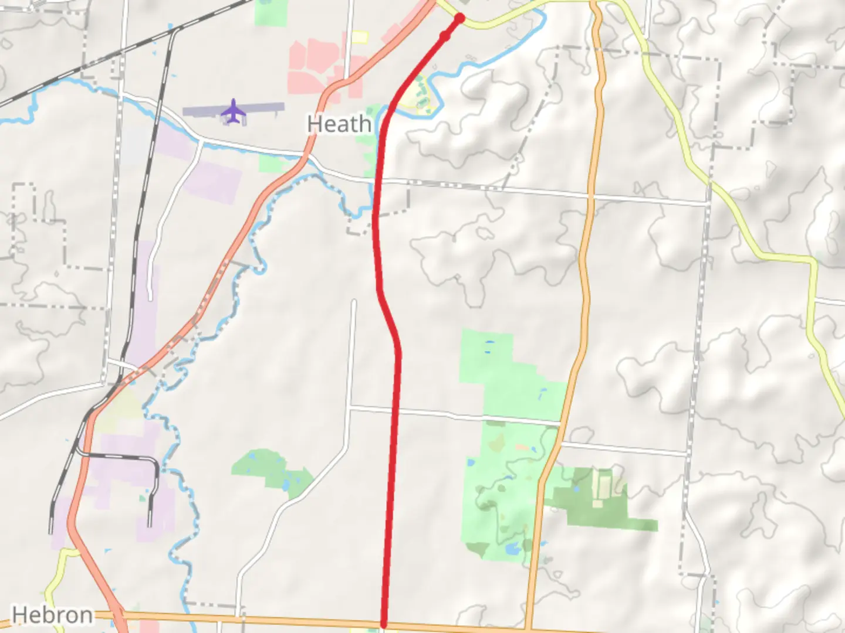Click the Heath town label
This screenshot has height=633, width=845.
pos(339,124)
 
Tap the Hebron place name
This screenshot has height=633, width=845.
pos(52,615)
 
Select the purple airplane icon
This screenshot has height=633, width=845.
pos(234,111)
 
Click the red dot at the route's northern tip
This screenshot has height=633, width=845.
pos(460,18)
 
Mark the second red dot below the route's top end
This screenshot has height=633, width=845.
pos(445,37)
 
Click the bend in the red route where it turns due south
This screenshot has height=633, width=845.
pos(398,352)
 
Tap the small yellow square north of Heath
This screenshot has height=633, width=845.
pos(359,37)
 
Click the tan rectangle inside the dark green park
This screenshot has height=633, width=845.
pos(602,486)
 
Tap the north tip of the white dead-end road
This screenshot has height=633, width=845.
pos(354,302)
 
